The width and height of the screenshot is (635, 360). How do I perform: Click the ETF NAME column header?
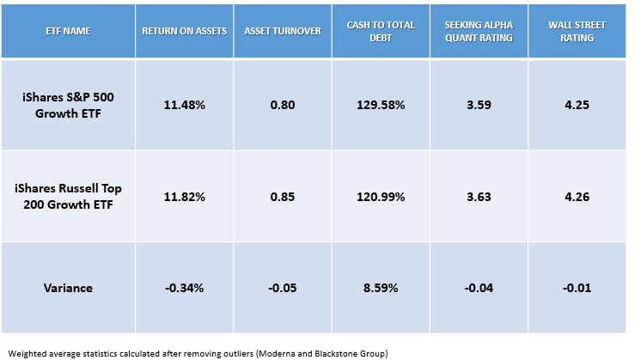[67, 30]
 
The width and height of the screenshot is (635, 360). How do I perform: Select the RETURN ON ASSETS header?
[184, 30]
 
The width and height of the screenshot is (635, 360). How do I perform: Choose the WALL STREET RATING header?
[573, 30]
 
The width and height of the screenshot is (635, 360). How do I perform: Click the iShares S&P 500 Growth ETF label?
[67, 105]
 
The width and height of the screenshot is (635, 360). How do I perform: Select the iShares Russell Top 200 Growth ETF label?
[67, 197]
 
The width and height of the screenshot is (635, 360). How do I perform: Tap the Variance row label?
[67, 288]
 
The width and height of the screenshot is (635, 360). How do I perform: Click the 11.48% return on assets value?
[184, 105]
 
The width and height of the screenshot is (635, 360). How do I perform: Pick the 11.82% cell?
[184, 197]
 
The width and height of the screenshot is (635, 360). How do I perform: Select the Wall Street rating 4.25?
[573, 105]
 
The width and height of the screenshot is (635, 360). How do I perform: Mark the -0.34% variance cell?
[184, 288]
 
